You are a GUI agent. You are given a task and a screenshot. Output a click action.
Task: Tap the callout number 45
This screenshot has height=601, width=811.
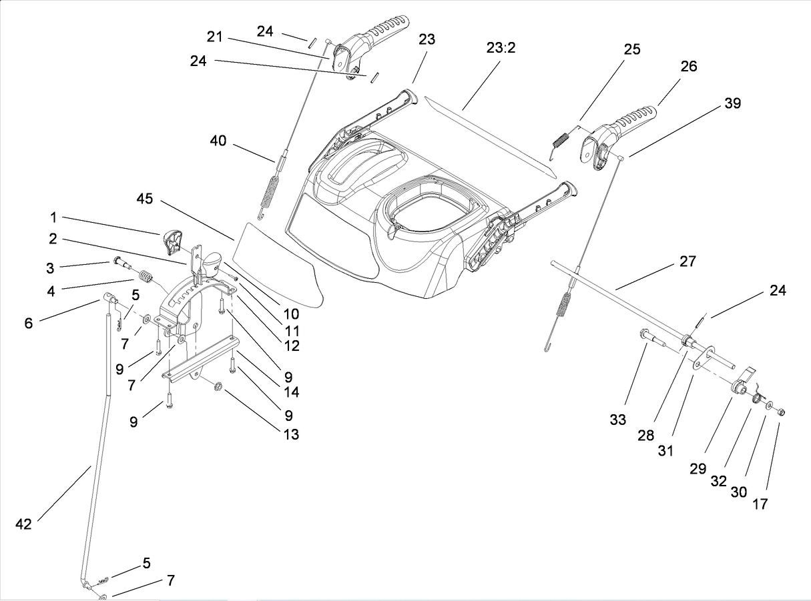click(145, 199)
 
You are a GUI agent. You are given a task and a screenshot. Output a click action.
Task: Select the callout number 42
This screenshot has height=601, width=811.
click(23, 524)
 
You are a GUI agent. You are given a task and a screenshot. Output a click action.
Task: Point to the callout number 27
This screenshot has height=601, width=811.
click(687, 261)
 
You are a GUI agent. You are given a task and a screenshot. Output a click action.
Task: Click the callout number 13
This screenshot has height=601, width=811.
click(290, 434)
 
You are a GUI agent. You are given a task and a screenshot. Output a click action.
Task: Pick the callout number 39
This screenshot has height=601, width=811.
click(732, 103)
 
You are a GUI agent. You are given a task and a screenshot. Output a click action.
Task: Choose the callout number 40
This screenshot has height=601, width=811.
click(218, 141)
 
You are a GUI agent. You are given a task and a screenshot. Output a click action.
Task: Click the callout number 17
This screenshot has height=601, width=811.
click(760, 504)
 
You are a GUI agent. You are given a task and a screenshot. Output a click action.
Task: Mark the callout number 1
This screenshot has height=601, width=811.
click(53, 217)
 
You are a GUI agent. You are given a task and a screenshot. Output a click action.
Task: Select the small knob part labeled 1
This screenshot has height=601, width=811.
click(172, 241)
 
